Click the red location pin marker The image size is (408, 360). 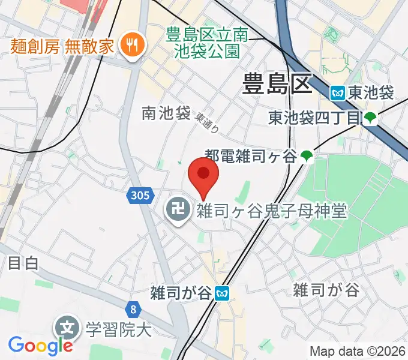pos(203,175)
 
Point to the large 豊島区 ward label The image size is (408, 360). pos(278,84)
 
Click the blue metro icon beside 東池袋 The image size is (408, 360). pos(338,93)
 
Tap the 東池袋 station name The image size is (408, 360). pos(370,93)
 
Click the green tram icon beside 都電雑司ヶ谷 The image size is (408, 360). pos(307,157)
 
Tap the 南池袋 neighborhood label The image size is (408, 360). pos(166,112)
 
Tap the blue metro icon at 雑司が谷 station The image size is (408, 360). pos(223,293)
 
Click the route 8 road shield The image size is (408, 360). pos(133,309)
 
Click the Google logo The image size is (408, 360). pos(40,345)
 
